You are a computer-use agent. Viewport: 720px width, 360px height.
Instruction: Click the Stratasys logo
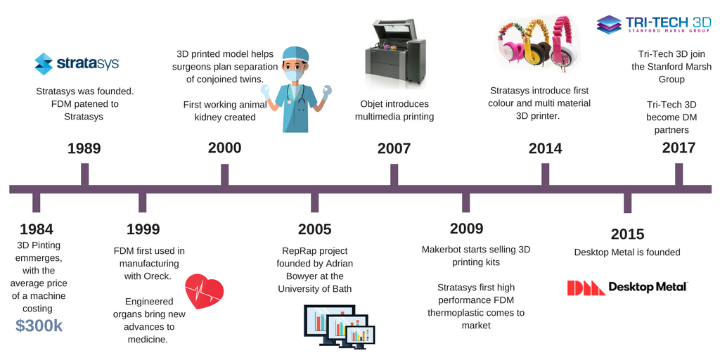point(77,63)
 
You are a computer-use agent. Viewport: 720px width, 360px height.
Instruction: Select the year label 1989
point(84,148)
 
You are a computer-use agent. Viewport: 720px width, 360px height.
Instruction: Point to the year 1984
point(37,229)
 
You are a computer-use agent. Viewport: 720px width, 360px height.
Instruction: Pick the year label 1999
point(143,229)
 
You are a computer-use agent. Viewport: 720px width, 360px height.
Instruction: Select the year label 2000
point(224,148)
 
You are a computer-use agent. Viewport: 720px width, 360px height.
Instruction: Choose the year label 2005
point(314,229)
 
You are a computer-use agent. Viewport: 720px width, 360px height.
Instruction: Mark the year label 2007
point(394,148)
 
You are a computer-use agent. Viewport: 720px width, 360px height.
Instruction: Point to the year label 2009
point(466,229)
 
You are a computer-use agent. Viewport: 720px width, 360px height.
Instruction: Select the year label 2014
point(545,148)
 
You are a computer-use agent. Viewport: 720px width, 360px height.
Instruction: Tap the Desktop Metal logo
point(627,287)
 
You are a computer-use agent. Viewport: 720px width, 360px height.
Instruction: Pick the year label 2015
point(627,234)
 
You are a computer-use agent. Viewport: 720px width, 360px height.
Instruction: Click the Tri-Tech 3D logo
point(655,25)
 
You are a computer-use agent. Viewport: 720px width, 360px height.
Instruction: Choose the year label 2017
point(679,148)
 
